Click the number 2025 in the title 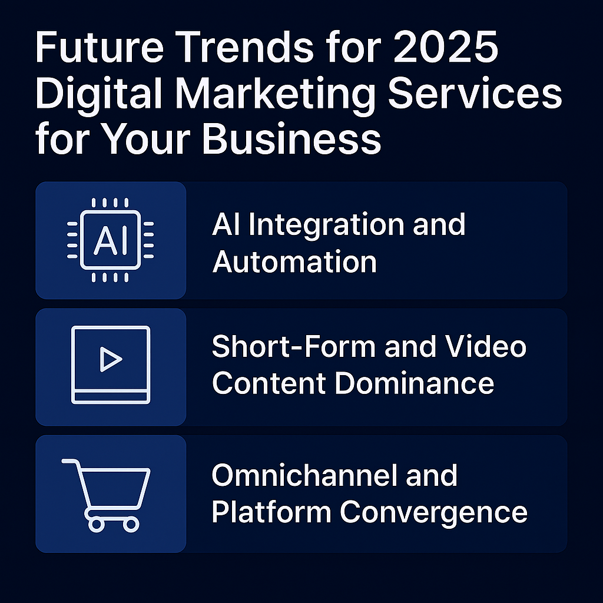446,47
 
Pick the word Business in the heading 291,138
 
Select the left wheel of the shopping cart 97,525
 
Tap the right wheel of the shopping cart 131,525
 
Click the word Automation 294,262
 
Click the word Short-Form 294,346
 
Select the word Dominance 414,383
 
